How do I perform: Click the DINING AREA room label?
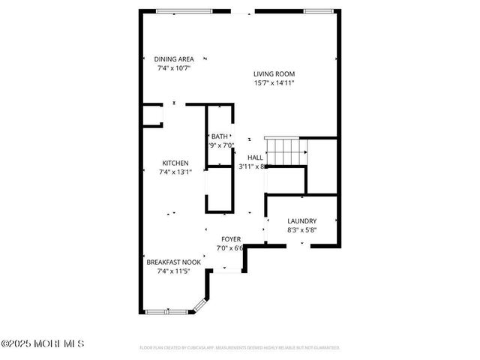tap(174, 59)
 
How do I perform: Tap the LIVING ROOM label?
tap(274, 73)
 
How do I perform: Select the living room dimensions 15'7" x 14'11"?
tap(274, 82)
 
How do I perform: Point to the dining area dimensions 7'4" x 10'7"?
tap(174, 68)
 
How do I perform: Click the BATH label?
tap(219, 136)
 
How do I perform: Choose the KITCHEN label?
tap(175, 163)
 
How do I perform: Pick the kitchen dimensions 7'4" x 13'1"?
tap(175, 172)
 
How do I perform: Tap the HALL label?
tap(256, 157)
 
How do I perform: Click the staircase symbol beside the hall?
tap(285, 151)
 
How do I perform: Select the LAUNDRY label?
tap(302, 220)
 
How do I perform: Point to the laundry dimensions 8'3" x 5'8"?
tap(302, 229)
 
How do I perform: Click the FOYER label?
tap(230, 238)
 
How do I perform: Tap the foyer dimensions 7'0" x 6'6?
tap(230, 247)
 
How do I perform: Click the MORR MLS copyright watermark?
tap(43, 343)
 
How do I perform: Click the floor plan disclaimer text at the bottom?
tap(240, 348)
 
